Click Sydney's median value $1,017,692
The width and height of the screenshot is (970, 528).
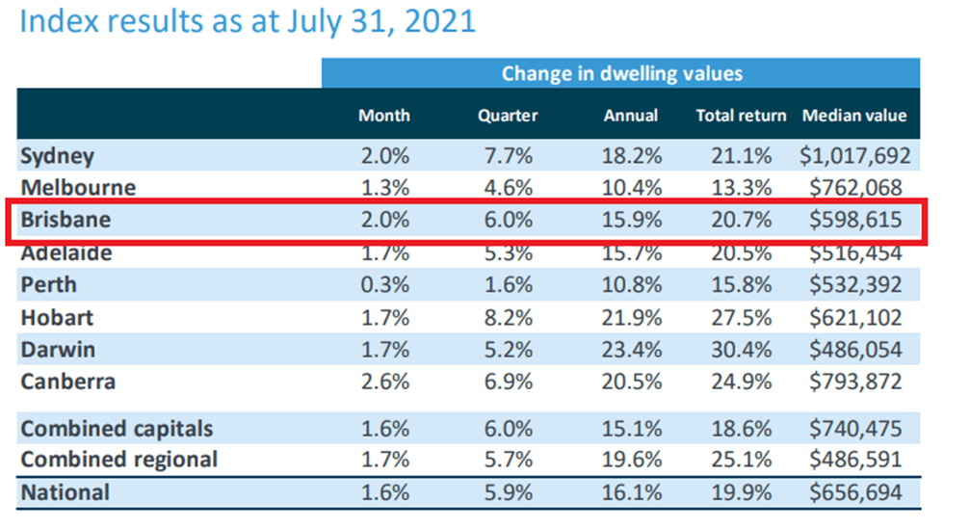(854, 155)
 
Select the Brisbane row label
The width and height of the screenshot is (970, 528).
(66, 220)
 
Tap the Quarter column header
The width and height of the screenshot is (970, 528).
(507, 116)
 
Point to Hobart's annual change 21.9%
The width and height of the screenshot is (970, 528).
(633, 317)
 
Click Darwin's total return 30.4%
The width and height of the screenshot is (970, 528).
(744, 349)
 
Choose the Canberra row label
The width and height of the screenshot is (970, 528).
(67, 382)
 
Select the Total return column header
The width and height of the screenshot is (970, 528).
(741, 116)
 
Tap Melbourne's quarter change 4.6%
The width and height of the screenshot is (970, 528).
(507, 188)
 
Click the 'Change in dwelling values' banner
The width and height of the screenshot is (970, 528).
(621, 73)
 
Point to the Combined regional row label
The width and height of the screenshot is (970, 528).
(119, 459)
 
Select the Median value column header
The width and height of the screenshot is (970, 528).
(854, 116)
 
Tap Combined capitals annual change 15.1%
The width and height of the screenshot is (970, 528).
(633, 428)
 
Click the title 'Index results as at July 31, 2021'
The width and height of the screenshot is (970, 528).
(248, 22)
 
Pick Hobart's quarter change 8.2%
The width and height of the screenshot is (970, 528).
(507, 317)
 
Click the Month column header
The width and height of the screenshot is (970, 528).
(383, 116)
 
